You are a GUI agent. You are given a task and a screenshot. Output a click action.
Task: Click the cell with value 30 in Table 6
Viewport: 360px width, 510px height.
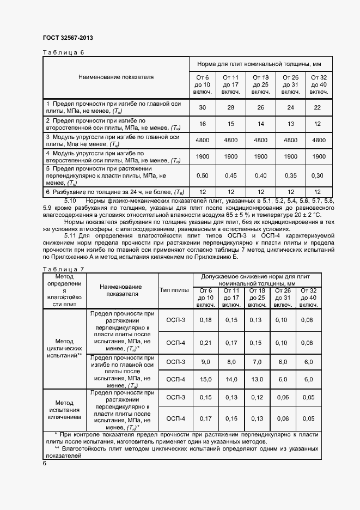click(x=203, y=107)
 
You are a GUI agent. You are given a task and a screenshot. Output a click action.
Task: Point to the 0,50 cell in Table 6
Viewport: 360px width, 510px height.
click(x=203, y=175)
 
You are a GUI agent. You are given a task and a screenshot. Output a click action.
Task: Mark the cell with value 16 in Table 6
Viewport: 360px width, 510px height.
click(x=203, y=124)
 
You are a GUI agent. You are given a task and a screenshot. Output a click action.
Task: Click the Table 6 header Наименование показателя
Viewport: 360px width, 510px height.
click(x=115, y=77)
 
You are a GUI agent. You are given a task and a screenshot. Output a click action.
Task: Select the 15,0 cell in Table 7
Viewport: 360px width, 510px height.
click(x=205, y=379)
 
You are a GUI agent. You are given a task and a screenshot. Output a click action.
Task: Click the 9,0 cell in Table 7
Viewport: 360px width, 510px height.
click(x=205, y=362)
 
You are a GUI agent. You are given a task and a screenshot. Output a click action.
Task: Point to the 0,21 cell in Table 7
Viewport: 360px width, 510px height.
click(x=205, y=343)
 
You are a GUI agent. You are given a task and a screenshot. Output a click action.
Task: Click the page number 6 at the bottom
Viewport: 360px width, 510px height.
click(x=45, y=463)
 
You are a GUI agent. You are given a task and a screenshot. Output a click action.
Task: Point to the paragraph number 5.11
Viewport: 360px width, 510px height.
click(x=72, y=235)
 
